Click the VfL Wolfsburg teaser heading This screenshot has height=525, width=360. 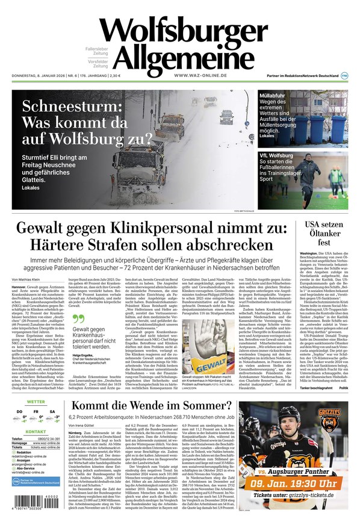[276, 155]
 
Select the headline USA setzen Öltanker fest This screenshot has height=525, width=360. [324, 235]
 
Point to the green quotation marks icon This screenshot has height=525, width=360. [76, 319]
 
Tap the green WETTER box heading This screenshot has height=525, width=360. [36, 401]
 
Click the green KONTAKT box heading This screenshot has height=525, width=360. [36, 432]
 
